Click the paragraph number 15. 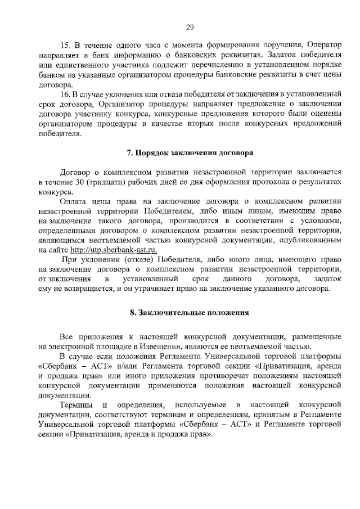(65, 44)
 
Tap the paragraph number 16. (65, 94)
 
